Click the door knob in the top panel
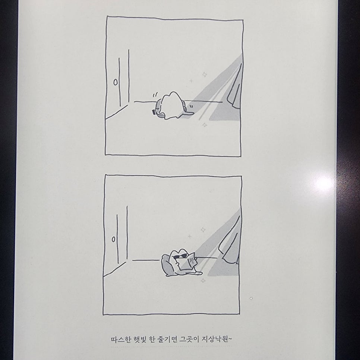tap(116, 82)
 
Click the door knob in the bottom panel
tap(113, 239)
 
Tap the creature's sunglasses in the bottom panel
tap(180, 256)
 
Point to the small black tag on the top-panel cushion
tap(153, 112)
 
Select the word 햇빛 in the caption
tap(140, 339)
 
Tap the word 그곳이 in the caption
tap(189, 339)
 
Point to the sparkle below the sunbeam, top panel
tap(204, 125)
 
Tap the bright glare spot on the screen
tap(324, 184)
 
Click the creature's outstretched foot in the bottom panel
tap(198, 273)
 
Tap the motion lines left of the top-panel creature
tap(155, 94)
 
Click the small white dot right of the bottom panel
tap(251, 298)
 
